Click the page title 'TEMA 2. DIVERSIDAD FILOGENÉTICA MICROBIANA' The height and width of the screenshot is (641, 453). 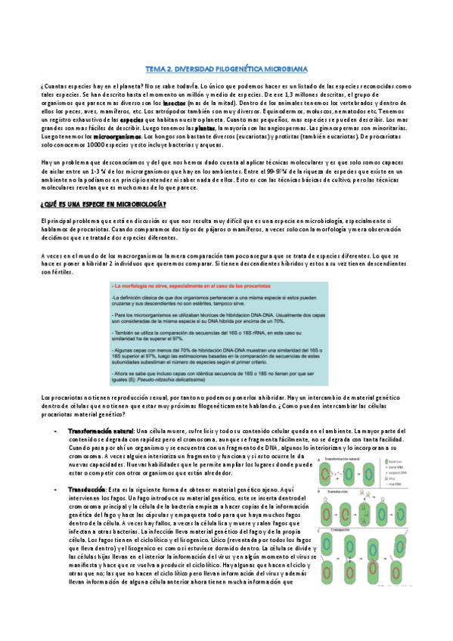click(226, 68)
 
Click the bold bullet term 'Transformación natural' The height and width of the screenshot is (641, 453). click(101, 429)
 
